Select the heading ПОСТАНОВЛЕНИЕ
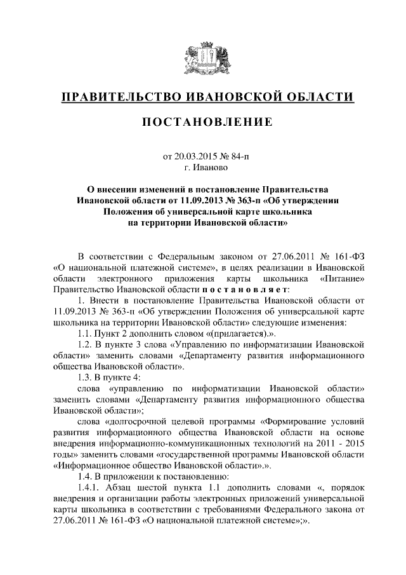(202, 121)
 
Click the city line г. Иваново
(202, 168)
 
